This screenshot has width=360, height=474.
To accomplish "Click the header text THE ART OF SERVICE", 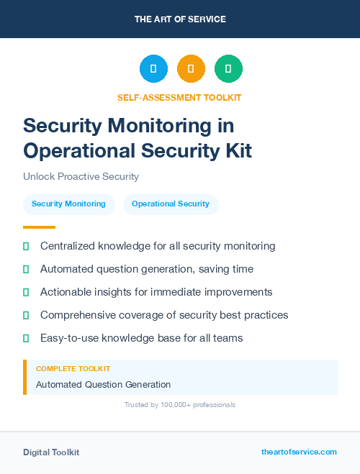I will tap(179, 19).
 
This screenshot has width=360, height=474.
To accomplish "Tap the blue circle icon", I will tap(153, 69).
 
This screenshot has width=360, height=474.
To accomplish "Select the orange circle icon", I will tap(191, 69).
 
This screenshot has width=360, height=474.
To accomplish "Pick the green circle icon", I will tap(228, 69).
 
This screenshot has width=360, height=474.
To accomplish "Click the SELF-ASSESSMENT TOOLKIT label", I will tap(179, 97).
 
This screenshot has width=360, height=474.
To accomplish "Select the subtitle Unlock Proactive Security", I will tap(81, 176).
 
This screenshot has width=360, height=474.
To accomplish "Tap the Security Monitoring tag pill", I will tap(68, 204).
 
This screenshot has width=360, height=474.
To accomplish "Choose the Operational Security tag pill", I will tap(171, 204).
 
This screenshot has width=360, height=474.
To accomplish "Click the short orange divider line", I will tap(39, 227).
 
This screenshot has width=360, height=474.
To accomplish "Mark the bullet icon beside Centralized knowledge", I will tap(26, 246).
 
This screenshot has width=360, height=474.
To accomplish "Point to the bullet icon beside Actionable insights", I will tap(26, 292).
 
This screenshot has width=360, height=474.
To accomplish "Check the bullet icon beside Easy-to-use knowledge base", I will tap(26, 338).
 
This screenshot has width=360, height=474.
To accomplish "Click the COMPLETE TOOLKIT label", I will tap(73, 368).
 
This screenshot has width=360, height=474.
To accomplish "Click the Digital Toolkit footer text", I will tap(51, 452).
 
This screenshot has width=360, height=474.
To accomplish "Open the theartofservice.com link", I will tap(299, 452).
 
